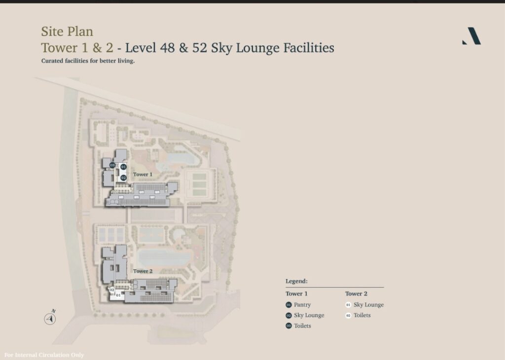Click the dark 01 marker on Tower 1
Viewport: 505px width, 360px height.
pyautogui.click(x=123, y=167)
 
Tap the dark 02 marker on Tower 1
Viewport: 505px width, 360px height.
pyautogui.click(x=123, y=178)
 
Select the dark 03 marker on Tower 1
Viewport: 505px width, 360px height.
pyautogui.click(x=112, y=165)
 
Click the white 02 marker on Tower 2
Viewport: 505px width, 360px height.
pyautogui.click(x=112, y=290)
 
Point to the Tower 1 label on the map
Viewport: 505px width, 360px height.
pyautogui.click(x=143, y=175)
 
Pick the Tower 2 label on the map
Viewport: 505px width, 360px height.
pyautogui.click(x=143, y=271)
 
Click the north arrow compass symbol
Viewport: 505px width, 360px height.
pyautogui.click(x=50, y=318)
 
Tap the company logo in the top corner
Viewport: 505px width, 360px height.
pyautogui.click(x=471, y=36)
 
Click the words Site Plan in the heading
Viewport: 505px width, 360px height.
pyautogui.click(x=67, y=32)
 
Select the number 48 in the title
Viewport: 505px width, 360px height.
pyautogui.click(x=167, y=48)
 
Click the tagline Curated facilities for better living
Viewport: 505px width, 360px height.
pyautogui.click(x=88, y=61)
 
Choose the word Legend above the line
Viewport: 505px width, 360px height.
pyautogui.click(x=296, y=281)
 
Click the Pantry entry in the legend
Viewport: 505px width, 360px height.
pyautogui.click(x=302, y=305)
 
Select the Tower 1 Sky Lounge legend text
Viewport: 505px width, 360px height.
pyautogui.click(x=309, y=315)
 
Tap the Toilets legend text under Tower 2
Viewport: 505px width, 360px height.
pyautogui.click(x=362, y=315)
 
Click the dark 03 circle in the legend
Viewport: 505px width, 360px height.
pyautogui.click(x=289, y=325)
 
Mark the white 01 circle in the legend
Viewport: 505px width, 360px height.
pyautogui.click(x=348, y=305)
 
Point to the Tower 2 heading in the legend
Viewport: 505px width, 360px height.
pyautogui.click(x=356, y=293)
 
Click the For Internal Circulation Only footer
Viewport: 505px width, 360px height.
pyautogui.click(x=44, y=355)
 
